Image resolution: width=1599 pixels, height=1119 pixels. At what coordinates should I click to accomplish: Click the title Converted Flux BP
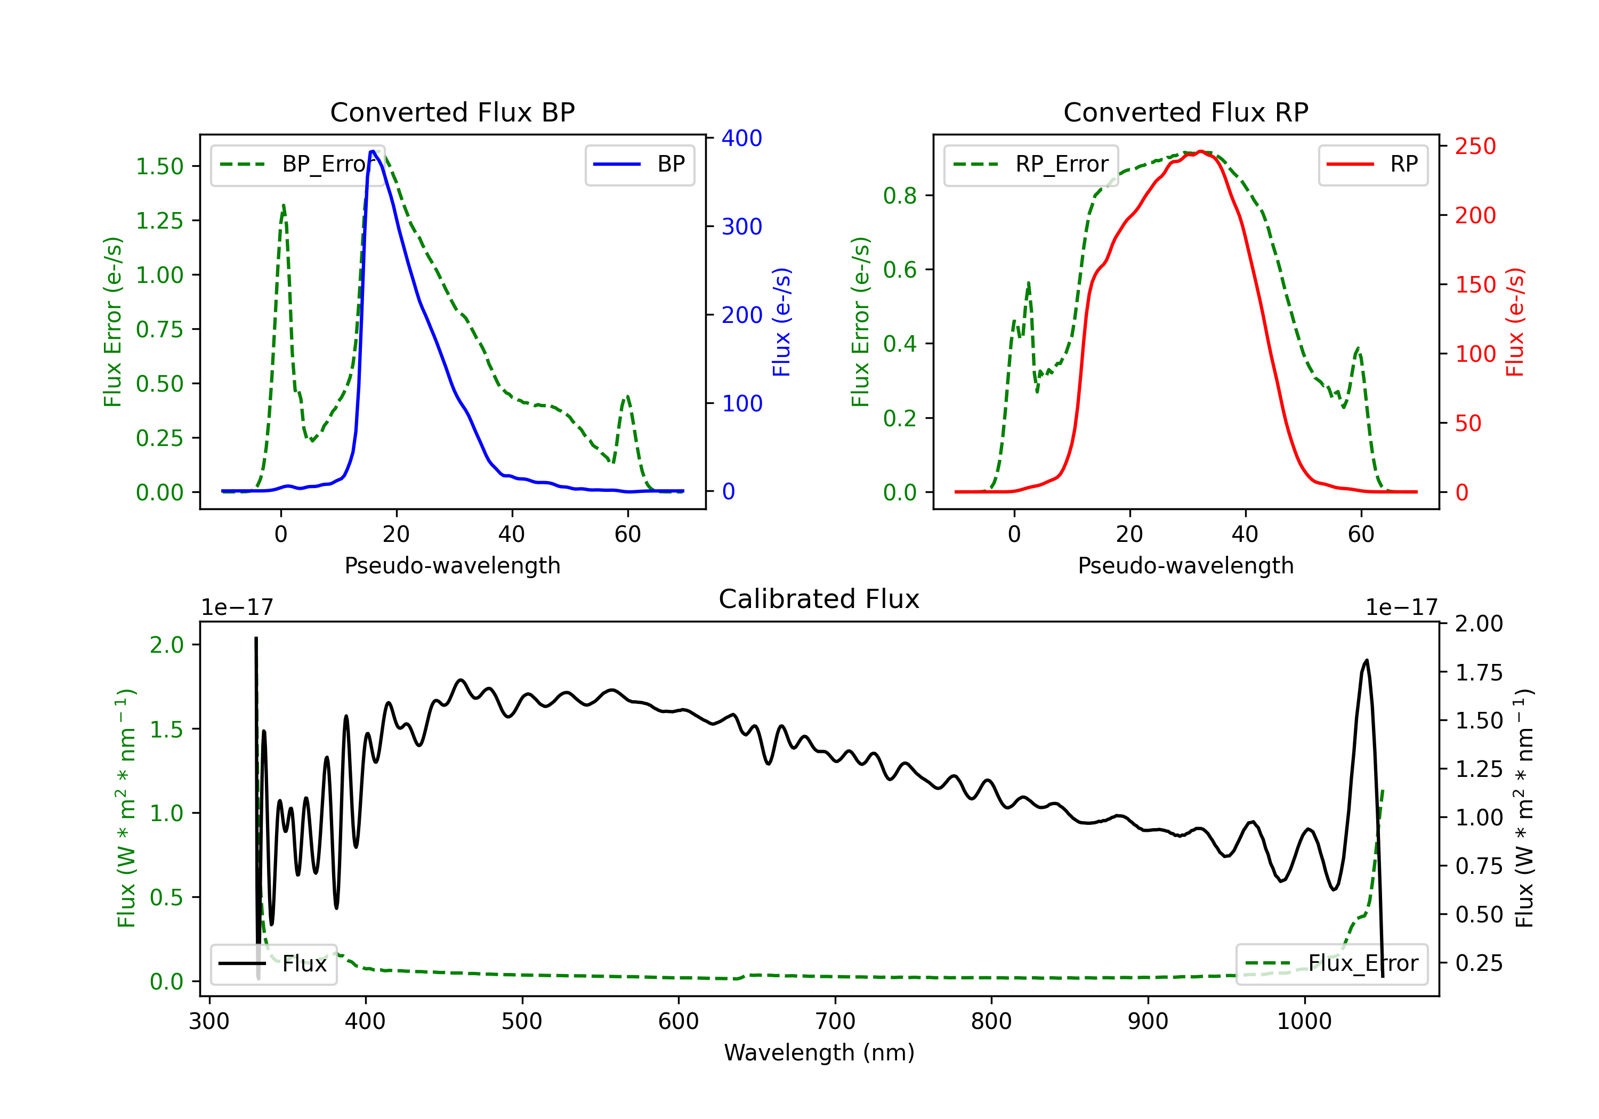coord(453,112)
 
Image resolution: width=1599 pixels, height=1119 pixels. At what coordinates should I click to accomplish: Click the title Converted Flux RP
coord(1186,112)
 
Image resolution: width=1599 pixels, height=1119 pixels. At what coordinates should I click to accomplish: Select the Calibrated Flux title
coord(819,599)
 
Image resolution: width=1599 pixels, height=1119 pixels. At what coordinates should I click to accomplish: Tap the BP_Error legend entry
coord(293,164)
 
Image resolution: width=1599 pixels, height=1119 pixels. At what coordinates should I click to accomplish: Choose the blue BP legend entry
coord(639,164)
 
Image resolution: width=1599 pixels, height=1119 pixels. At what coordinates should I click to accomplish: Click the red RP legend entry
coord(1372,164)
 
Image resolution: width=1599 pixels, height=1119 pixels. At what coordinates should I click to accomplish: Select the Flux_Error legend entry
coord(1331,964)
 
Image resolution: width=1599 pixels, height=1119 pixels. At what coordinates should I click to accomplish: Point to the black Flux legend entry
coord(273,964)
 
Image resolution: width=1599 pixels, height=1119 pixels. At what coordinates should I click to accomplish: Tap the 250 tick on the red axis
coord(1475,146)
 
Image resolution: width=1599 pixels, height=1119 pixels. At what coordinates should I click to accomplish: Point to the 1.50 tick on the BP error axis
coord(159,166)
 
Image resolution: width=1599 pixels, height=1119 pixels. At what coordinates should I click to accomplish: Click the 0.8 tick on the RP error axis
coord(900,196)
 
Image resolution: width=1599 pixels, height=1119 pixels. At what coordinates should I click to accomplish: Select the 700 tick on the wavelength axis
coord(835,1021)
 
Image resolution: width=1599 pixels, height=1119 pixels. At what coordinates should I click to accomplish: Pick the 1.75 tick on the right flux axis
coord(1479,672)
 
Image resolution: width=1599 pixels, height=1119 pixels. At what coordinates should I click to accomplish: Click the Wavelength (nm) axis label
coord(819,1052)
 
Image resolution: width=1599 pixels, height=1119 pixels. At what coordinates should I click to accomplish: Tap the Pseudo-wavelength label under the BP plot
coord(453,565)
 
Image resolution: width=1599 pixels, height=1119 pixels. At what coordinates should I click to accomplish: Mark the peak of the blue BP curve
coord(373,151)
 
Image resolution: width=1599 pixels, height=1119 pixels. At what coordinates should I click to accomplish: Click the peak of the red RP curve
coord(1201,151)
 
